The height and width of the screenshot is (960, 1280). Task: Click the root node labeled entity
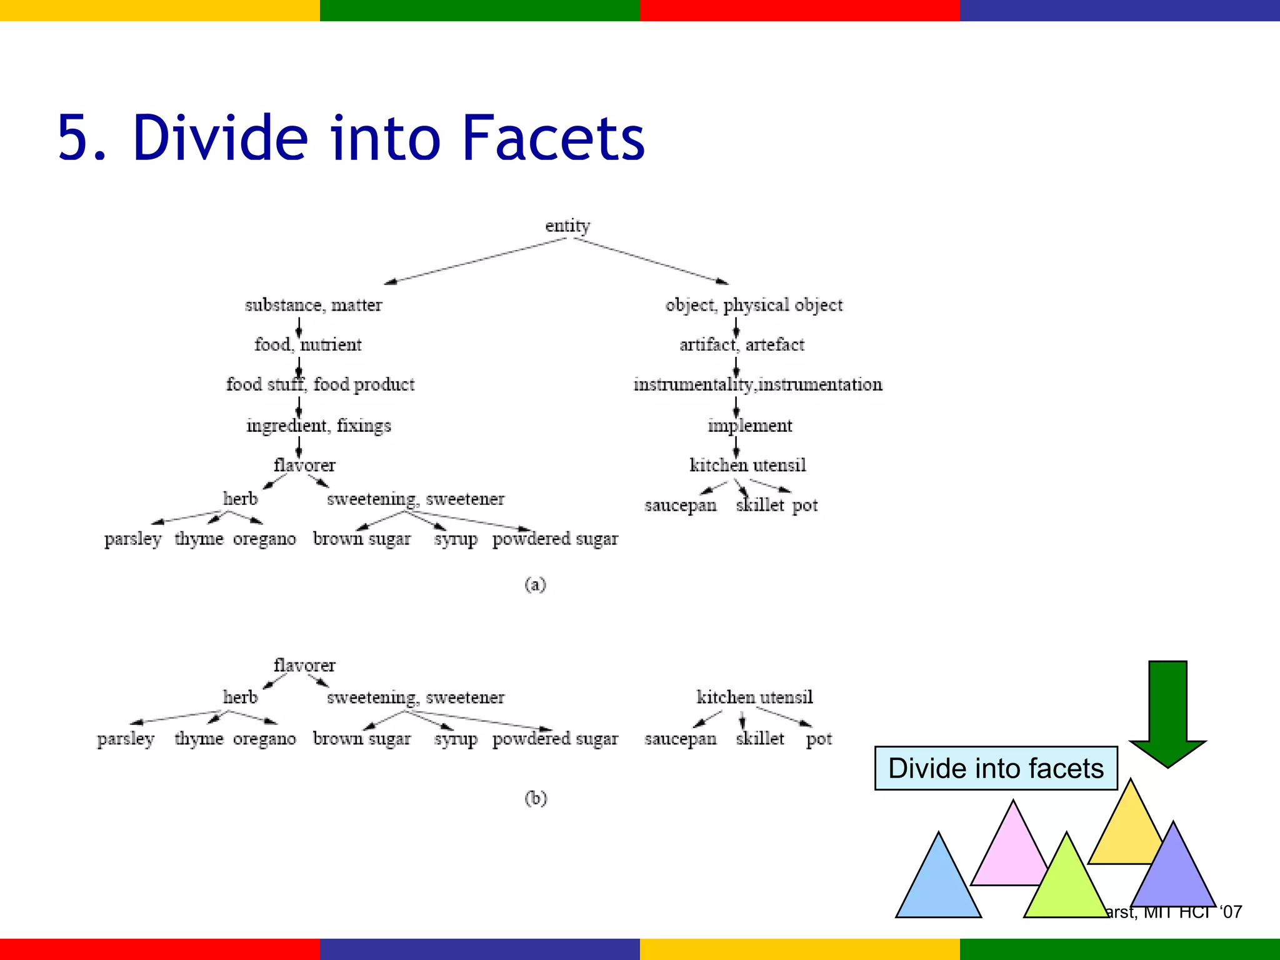point(567,226)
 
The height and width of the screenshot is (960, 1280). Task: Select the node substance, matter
point(313,305)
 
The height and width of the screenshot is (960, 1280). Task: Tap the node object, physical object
point(754,305)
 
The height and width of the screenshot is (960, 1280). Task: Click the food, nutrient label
point(307,344)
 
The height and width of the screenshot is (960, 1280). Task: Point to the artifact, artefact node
point(742,344)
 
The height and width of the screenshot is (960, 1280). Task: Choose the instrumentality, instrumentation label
point(757,384)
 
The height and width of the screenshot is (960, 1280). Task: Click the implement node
point(749,426)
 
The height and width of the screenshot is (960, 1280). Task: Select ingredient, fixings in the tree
point(318,426)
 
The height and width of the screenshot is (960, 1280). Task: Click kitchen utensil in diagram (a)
point(747,465)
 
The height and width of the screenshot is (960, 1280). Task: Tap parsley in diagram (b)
point(126,739)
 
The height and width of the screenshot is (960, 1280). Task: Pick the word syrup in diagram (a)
point(456,539)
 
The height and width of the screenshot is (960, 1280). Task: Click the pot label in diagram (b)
point(819,739)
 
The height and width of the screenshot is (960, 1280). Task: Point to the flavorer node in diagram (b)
point(304,665)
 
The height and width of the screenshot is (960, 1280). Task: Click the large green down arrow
point(1167,712)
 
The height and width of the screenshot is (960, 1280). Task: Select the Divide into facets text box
point(996,768)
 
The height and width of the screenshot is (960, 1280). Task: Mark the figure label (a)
point(536,584)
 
